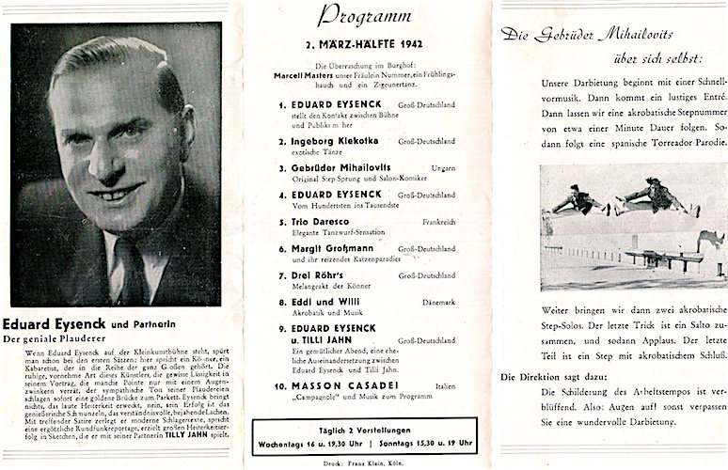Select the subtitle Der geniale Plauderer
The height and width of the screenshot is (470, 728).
(x=57, y=337)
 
